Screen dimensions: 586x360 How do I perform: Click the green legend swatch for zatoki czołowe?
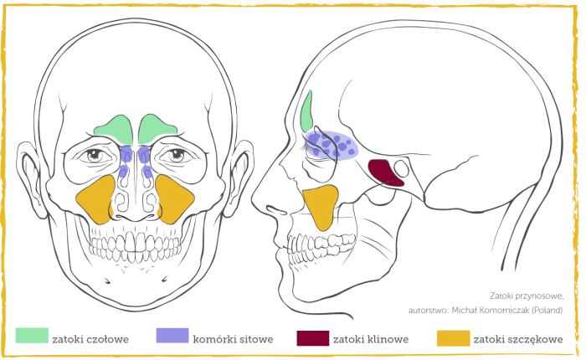click(x=32, y=336)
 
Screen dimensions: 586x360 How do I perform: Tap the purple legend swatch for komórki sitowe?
click(x=172, y=336)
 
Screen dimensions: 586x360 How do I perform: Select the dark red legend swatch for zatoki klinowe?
click(x=313, y=338)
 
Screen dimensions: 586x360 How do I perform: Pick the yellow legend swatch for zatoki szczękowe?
click(x=454, y=338)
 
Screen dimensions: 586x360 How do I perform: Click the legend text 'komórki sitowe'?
click(x=233, y=339)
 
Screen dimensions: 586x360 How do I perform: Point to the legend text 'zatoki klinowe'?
click(x=371, y=339)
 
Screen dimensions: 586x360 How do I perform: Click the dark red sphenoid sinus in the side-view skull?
click(x=385, y=172)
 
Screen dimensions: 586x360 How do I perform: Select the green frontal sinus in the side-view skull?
click(x=307, y=112)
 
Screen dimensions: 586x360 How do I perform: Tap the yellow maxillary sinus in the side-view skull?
click(x=321, y=206)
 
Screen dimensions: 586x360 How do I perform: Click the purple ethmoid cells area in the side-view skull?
click(x=332, y=146)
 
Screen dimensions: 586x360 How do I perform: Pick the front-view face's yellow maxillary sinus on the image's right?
click(x=174, y=198)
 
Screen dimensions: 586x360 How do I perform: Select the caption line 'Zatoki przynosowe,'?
click(x=527, y=296)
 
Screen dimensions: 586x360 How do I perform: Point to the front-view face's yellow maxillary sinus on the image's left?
click(x=96, y=198)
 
